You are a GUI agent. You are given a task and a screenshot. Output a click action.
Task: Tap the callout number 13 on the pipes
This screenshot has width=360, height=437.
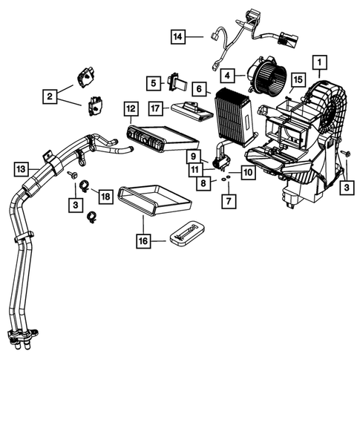coord(23,169)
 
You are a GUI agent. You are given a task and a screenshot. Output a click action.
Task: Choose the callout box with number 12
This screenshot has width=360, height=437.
coord(131,108)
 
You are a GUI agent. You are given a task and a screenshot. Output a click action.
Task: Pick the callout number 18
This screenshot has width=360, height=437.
coord(105,195)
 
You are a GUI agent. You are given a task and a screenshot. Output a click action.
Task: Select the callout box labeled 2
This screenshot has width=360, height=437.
coord(50,95)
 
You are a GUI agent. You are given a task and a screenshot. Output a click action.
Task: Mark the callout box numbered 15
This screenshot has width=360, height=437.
coord(297,79)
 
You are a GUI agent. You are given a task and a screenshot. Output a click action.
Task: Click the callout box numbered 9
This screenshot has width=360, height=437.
coord(193,157)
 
